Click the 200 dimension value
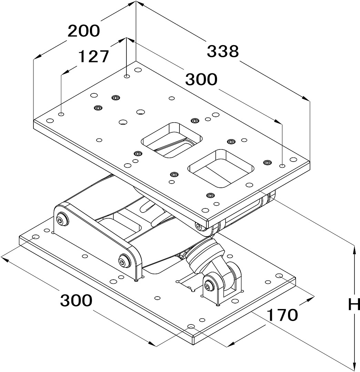click(84, 31)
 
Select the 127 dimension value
click(94, 56)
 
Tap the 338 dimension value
click(223, 52)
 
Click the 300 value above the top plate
click(202, 80)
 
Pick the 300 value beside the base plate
click(76, 301)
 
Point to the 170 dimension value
click(282, 315)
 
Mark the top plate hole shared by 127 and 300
click(127, 76)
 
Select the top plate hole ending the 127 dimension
click(61, 114)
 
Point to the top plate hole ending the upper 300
click(282, 166)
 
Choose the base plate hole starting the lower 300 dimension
click(35, 237)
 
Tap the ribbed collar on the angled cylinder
click(206, 257)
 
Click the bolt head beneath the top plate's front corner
click(198, 226)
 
